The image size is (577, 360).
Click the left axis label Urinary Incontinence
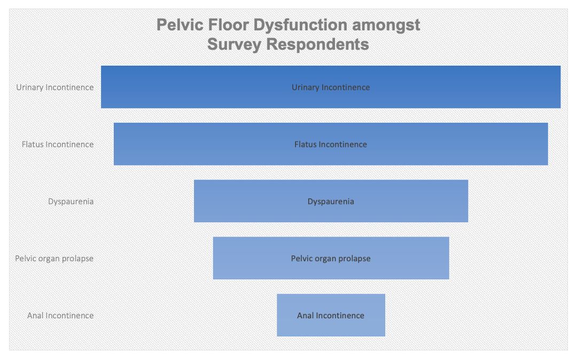coord(55,88)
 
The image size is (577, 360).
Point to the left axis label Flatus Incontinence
coord(58,145)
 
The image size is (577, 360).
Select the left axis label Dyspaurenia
coord(71,201)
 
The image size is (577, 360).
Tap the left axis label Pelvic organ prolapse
coord(54,259)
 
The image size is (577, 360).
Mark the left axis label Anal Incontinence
coord(60,316)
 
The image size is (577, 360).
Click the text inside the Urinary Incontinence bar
coord(331,88)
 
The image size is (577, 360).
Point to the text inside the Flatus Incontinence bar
coord(331,145)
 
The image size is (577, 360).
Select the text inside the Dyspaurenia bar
coord(331,201)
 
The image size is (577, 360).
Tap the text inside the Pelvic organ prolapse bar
coord(331,259)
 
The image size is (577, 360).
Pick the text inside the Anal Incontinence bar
coord(331,316)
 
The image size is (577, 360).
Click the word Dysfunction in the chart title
coord(300,26)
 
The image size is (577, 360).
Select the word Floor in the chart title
coord(228,25)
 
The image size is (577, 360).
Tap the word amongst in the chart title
coord(386,26)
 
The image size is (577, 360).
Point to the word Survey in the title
coord(234,45)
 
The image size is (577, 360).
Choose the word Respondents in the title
coord(317,45)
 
